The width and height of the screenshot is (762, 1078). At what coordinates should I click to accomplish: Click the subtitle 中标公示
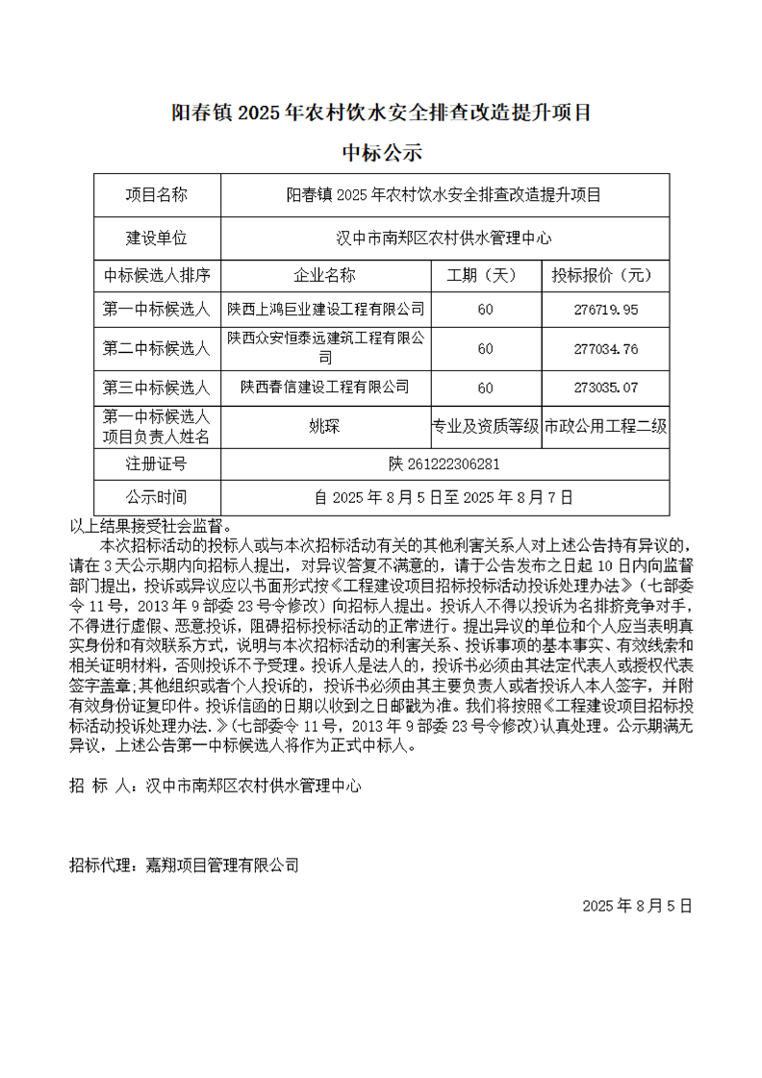pyautogui.click(x=382, y=152)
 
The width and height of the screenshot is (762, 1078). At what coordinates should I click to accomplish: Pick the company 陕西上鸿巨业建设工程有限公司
pyautogui.click(x=325, y=309)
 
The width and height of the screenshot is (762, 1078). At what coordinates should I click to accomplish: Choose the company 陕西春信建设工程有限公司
pyautogui.click(x=325, y=387)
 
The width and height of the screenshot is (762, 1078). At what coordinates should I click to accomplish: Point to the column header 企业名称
pyautogui.click(x=325, y=275)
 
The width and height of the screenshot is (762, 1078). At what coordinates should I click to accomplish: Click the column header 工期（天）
pyautogui.click(x=485, y=275)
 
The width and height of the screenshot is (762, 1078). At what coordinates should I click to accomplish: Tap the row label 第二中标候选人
pyautogui.click(x=156, y=348)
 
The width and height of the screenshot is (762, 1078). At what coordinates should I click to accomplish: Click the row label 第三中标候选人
pyautogui.click(x=156, y=388)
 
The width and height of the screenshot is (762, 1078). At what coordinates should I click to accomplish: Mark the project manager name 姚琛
pyautogui.click(x=325, y=426)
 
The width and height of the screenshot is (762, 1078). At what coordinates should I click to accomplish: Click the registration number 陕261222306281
pyautogui.click(x=444, y=464)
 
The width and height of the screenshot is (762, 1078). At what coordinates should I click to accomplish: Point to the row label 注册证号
pyautogui.click(x=156, y=464)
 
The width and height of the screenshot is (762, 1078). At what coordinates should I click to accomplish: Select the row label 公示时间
pyautogui.click(x=156, y=497)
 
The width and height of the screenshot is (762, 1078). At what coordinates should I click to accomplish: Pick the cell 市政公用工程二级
pyautogui.click(x=605, y=426)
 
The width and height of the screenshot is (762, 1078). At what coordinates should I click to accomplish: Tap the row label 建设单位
pyautogui.click(x=156, y=237)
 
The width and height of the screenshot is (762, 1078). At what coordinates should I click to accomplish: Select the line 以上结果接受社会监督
pyautogui.click(x=150, y=526)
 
